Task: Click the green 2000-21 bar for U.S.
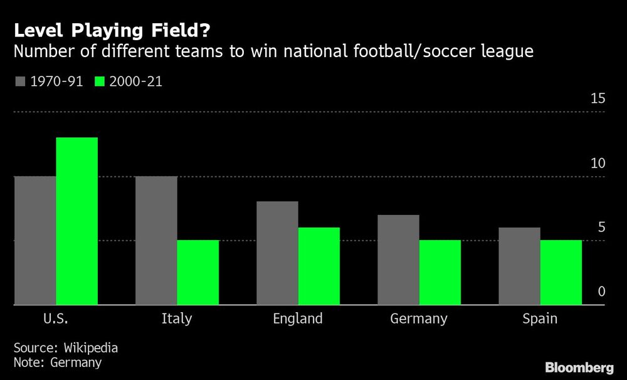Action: [76, 221]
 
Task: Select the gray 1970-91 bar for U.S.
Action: [35, 241]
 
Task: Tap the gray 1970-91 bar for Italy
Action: [156, 241]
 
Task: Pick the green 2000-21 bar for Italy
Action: [198, 273]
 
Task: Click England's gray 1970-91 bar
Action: [277, 253]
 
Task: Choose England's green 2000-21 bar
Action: [319, 267]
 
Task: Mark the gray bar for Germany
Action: [398, 260]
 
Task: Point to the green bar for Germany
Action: [440, 273]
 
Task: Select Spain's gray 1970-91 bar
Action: [519, 267]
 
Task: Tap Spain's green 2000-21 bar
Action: [561, 273]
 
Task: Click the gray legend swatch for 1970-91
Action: [20, 82]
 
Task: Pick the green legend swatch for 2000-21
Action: [100, 82]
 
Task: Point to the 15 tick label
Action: [598, 99]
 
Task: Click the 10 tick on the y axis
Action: [598, 164]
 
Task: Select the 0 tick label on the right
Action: [601, 292]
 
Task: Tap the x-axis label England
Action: [298, 319]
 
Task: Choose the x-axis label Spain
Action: [540, 319]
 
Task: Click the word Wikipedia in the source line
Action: [88, 348]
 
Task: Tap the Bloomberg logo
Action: [579, 367]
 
